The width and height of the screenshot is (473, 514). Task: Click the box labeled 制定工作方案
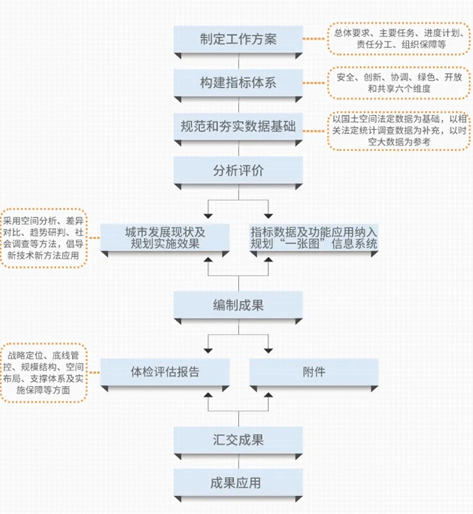point(238,39)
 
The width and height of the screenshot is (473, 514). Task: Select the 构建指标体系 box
point(238,83)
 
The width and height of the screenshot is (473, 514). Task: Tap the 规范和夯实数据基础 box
point(238,125)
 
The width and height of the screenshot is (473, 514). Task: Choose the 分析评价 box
point(238,170)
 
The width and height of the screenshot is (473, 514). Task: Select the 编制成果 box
point(238,304)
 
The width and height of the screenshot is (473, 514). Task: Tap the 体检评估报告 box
point(165,371)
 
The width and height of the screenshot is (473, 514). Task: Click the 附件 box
point(314,371)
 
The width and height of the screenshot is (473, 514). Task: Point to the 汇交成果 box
point(238,439)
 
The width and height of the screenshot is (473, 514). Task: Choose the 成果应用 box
point(238,482)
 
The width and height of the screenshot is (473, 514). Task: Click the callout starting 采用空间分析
point(44,237)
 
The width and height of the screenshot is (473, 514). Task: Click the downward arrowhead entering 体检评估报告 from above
point(208,351)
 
